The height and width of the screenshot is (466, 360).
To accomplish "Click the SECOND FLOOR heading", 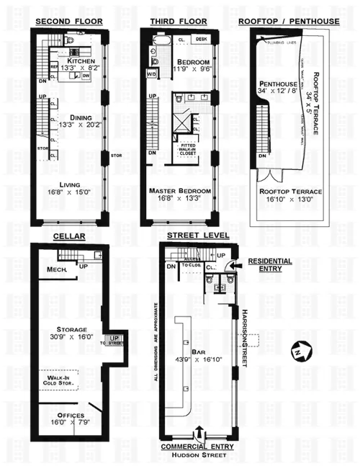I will pyautogui.click(x=69, y=22).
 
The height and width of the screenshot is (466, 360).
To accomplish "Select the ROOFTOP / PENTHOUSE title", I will pyautogui.click(x=288, y=22).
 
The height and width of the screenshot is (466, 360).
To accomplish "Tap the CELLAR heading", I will pyautogui.click(x=69, y=236).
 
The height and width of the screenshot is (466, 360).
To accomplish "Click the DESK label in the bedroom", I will pyautogui.click(x=201, y=39).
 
